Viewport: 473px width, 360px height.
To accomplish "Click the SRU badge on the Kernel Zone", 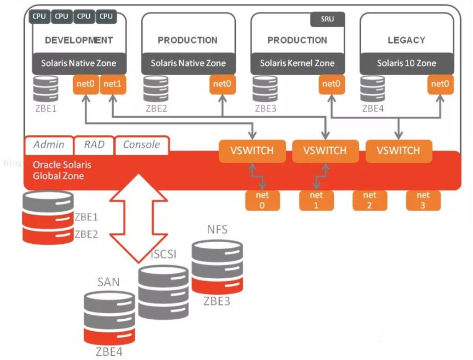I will click(x=327, y=20).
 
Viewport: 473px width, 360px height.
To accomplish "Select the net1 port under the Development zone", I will click(x=113, y=85).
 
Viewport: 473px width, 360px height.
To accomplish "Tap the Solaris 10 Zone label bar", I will click(x=406, y=63).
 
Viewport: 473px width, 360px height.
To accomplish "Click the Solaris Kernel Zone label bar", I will click(x=297, y=63).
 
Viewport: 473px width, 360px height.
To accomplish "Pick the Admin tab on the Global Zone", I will click(x=49, y=145).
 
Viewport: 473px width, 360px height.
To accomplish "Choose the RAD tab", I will click(x=94, y=145).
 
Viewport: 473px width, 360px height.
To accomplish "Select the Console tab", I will click(x=141, y=145).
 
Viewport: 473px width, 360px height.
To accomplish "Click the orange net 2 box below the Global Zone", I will click(x=369, y=200).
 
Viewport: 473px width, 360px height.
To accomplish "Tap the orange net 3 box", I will click(x=423, y=200).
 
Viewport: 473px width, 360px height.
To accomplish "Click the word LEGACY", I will click(x=406, y=40).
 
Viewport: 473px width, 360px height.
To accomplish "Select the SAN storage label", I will click(x=109, y=283).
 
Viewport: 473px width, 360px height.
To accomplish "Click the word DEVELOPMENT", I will click(x=79, y=40).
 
